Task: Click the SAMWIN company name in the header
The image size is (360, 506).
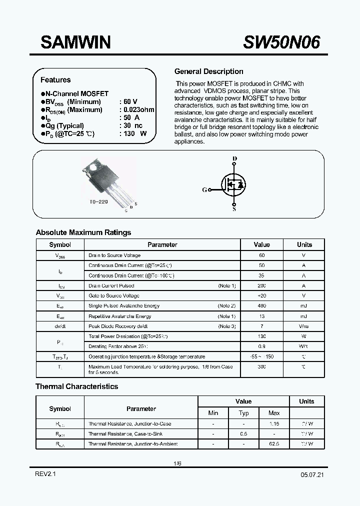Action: pos(75,42)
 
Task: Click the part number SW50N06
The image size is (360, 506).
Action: pos(281,42)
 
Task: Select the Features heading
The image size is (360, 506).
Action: pos(55,80)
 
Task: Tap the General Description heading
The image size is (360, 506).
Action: pos(208,71)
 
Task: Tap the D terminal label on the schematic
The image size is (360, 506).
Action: pos(234,159)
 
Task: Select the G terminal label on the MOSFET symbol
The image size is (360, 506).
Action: pos(204,190)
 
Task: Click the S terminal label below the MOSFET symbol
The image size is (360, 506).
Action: pos(234,210)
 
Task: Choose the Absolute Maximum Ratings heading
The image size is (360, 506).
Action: pos(83,232)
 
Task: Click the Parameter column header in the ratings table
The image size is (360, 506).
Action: pos(162,245)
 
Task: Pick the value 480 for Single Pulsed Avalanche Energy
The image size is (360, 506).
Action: pos(262,306)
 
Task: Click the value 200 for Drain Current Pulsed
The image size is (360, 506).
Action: pos(262,285)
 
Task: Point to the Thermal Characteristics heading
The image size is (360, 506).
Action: pos(77,386)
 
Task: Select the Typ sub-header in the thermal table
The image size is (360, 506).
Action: pos(243,413)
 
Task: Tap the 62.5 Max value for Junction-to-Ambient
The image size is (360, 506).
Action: pos(274,444)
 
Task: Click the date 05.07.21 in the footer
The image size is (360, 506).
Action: pos(311,475)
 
